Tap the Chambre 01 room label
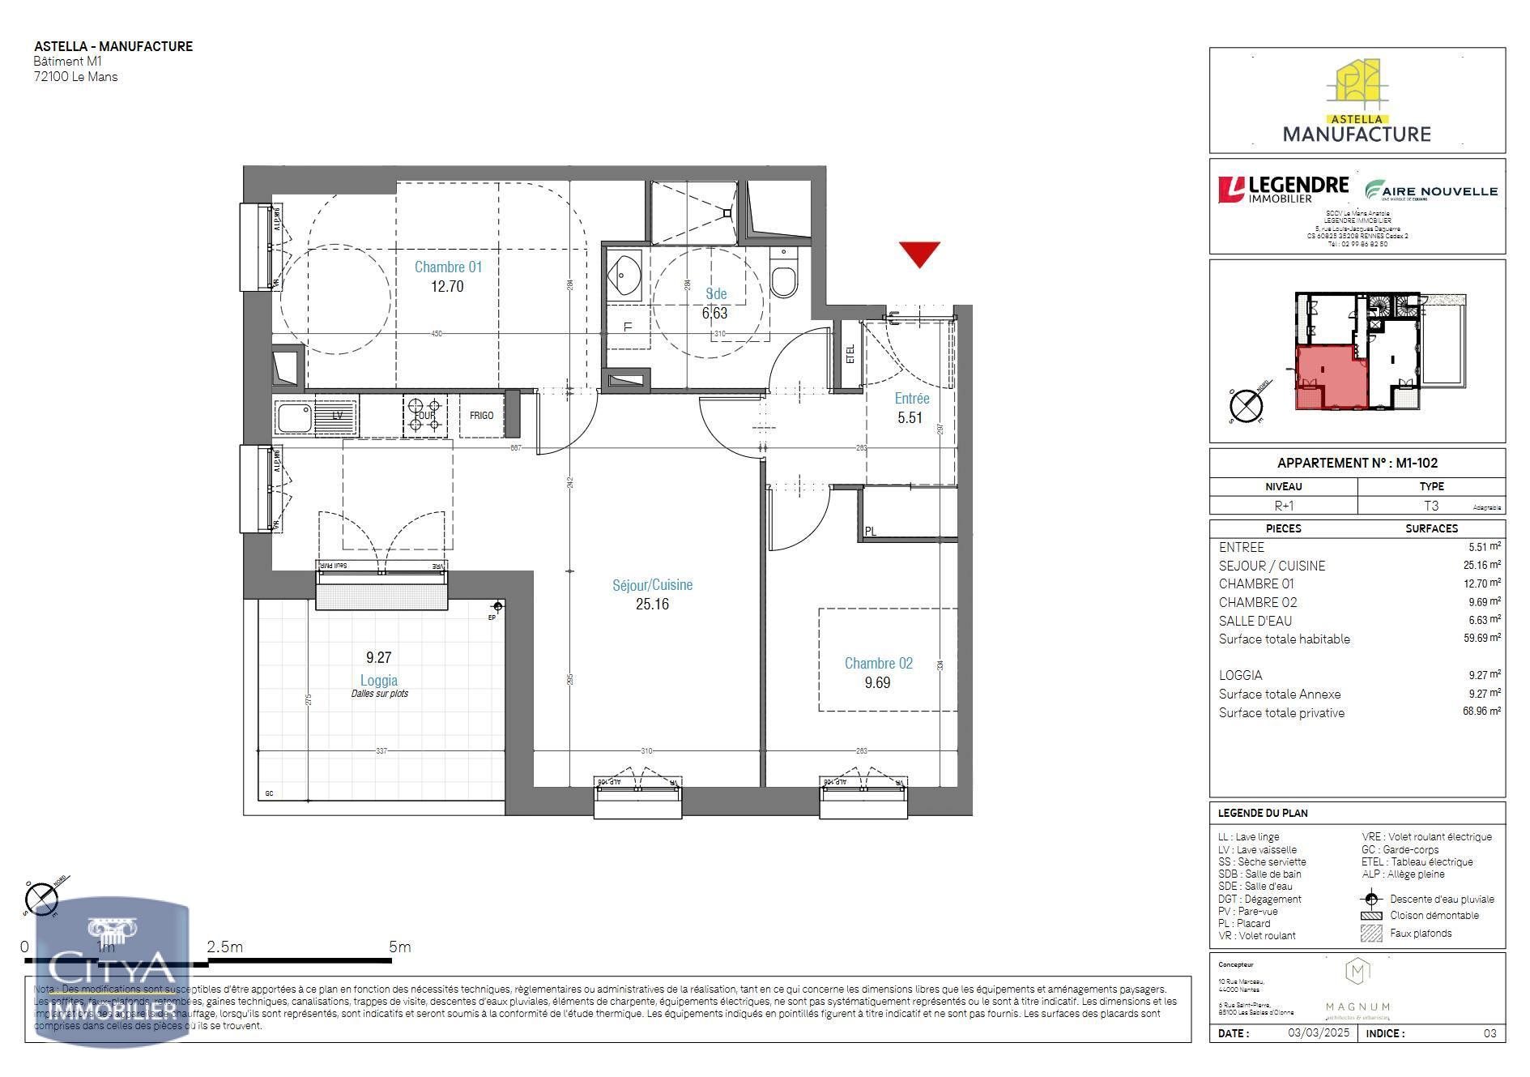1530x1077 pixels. pyautogui.click(x=448, y=267)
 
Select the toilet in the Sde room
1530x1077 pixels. pyautogui.click(x=784, y=278)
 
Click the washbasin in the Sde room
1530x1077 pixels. pyautogui.click(x=624, y=272)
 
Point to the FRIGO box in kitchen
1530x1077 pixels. pyautogui.click(x=481, y=416)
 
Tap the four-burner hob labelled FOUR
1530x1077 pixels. pyautogui.click(x=425, y=416)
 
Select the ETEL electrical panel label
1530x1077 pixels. pyautogui.click(x=850, y=355)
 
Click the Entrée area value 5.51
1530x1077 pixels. pyautogui.click(x=910, y=418)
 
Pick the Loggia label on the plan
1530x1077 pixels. pyautogui.click(x=378, y=681)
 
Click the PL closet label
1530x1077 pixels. pyautogui.click(x=871, y=532)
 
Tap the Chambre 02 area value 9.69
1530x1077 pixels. pyautogui.click(x=877, y=683)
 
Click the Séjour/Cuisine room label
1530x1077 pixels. pyautogui.click(x=652, y=584)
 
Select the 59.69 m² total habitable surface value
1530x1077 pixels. pyautogui.click(x=1481, y=639)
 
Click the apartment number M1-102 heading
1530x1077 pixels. pyautogui.click(x=1357, y=463)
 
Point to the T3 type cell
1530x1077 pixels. pyautogui.click(x=1431, y=506)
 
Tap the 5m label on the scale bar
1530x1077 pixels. pyautogui.click(x=399, y=947)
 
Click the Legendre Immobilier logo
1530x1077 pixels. pyautogui.click(x=1283, y=190)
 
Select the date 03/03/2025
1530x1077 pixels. pyautogui.click(x=1319, y=1033)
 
